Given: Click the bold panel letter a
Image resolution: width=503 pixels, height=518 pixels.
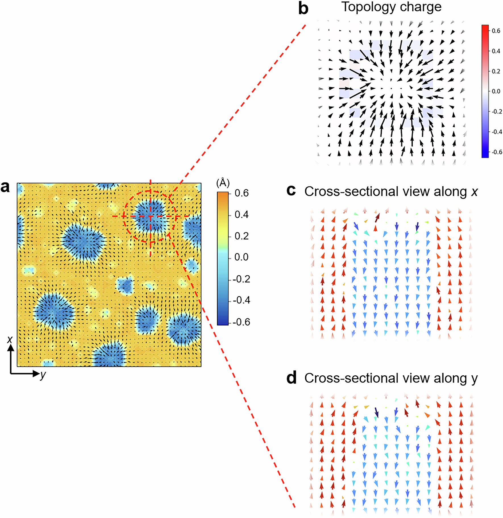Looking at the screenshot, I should [5, 187].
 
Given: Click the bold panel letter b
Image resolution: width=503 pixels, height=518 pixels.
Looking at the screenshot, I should [303, 9].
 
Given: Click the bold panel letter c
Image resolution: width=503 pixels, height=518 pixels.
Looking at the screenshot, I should [291, 190].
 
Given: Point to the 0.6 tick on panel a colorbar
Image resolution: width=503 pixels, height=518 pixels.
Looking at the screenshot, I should [242, 193].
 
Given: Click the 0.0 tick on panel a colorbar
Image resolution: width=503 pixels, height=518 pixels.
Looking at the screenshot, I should [242, 257].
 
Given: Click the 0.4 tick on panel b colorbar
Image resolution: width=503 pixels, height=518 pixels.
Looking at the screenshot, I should [496, 51].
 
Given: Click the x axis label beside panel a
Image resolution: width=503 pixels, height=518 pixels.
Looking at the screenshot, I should [10, 339].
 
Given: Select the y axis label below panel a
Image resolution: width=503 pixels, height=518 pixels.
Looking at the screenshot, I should [43, 375].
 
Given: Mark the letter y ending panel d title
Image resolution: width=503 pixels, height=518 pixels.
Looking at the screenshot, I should [474, 379].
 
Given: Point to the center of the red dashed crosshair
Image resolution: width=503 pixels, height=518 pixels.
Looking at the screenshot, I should [150, 216].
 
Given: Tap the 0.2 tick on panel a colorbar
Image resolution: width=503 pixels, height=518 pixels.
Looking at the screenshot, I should [242, 236].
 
